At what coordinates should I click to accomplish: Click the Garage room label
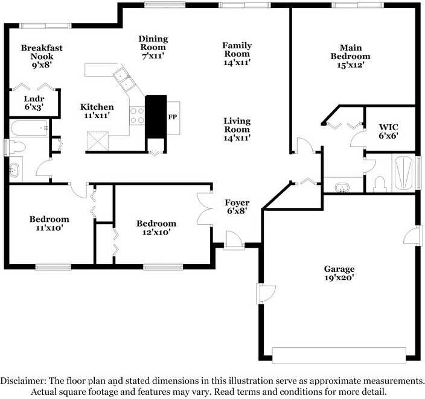339,269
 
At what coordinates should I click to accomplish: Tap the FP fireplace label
173,117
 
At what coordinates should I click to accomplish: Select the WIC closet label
388,127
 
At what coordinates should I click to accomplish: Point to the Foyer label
237,203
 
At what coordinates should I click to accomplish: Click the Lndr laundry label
34,99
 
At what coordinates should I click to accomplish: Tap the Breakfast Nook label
42,52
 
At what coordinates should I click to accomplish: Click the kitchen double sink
124,79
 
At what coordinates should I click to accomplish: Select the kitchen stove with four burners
137,116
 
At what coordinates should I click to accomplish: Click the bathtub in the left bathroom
29,128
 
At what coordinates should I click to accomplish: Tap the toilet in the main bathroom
380,184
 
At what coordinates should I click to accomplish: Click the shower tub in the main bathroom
404,172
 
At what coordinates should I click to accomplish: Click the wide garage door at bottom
339,355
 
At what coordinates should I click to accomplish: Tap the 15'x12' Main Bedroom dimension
351,65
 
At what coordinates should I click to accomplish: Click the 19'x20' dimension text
339,278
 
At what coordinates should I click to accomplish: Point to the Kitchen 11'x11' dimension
97,116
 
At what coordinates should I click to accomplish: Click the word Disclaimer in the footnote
23,380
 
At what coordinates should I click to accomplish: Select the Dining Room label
153,43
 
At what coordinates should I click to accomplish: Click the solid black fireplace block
156,117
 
